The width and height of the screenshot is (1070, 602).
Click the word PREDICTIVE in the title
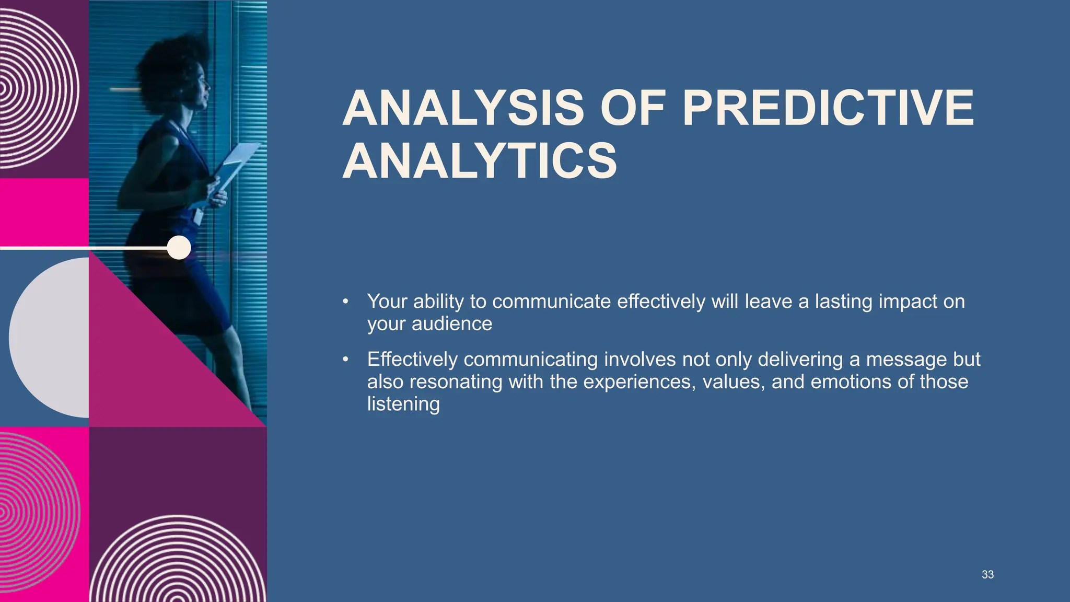(x=828, y=108)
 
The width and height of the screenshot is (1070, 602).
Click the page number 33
(x=987, y=574)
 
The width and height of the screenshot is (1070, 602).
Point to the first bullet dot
(x=345, y=302)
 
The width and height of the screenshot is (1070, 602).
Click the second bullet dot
(x=345, y=360)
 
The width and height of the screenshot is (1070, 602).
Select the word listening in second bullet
(x=403, y=404)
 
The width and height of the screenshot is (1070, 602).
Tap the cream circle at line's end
(x=179, y=247)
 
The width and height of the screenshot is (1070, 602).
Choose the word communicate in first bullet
(x=551, y=302)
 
